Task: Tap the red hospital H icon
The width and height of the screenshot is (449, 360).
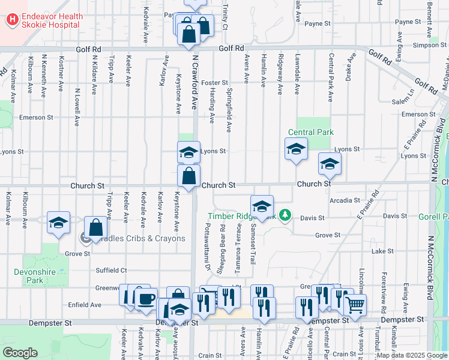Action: click(x=11, y=20)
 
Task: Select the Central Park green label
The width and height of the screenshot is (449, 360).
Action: click(x=310, y=132)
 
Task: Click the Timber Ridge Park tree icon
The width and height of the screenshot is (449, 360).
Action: click(x=286, y=215)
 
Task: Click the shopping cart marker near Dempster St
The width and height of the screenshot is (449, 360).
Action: click(x=355, y=305)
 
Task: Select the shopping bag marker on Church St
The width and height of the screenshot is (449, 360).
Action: click(x=189, y=177)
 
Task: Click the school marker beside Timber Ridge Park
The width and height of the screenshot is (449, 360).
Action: click(x=262, y=206)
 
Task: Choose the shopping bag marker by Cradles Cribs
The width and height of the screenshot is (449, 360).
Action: click(x=95, y=227)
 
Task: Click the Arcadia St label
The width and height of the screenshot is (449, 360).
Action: click(x=345, y=200)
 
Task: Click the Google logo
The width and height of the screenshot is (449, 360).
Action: click(x=20, y=353)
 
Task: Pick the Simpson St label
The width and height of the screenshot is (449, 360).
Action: click(x=426, y=45)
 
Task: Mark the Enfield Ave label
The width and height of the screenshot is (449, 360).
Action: click(x=84, y=305)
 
